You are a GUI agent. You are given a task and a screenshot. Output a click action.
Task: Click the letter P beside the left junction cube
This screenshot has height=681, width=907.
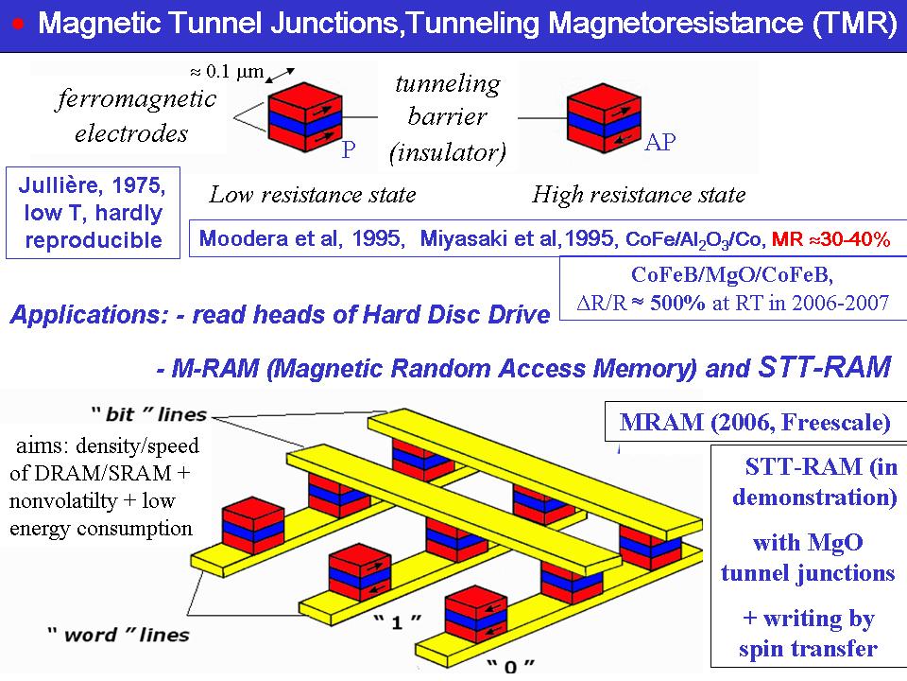coord(348,149)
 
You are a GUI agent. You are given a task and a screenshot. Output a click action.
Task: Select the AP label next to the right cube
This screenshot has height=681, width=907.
coord(659,143)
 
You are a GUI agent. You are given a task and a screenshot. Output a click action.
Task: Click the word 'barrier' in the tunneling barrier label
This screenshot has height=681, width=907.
coord(447,116)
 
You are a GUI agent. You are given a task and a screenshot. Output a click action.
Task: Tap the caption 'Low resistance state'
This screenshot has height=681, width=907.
coord(312,195)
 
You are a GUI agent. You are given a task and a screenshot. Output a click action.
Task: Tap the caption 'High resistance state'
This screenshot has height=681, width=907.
coord(639,195)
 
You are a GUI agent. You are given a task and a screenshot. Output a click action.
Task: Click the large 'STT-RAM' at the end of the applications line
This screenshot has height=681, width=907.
coord(824,367)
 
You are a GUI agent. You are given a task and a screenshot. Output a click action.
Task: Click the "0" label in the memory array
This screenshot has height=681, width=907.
coord(511,666)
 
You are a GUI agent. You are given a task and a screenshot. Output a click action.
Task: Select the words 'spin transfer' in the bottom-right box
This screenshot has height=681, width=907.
coord(808,649)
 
